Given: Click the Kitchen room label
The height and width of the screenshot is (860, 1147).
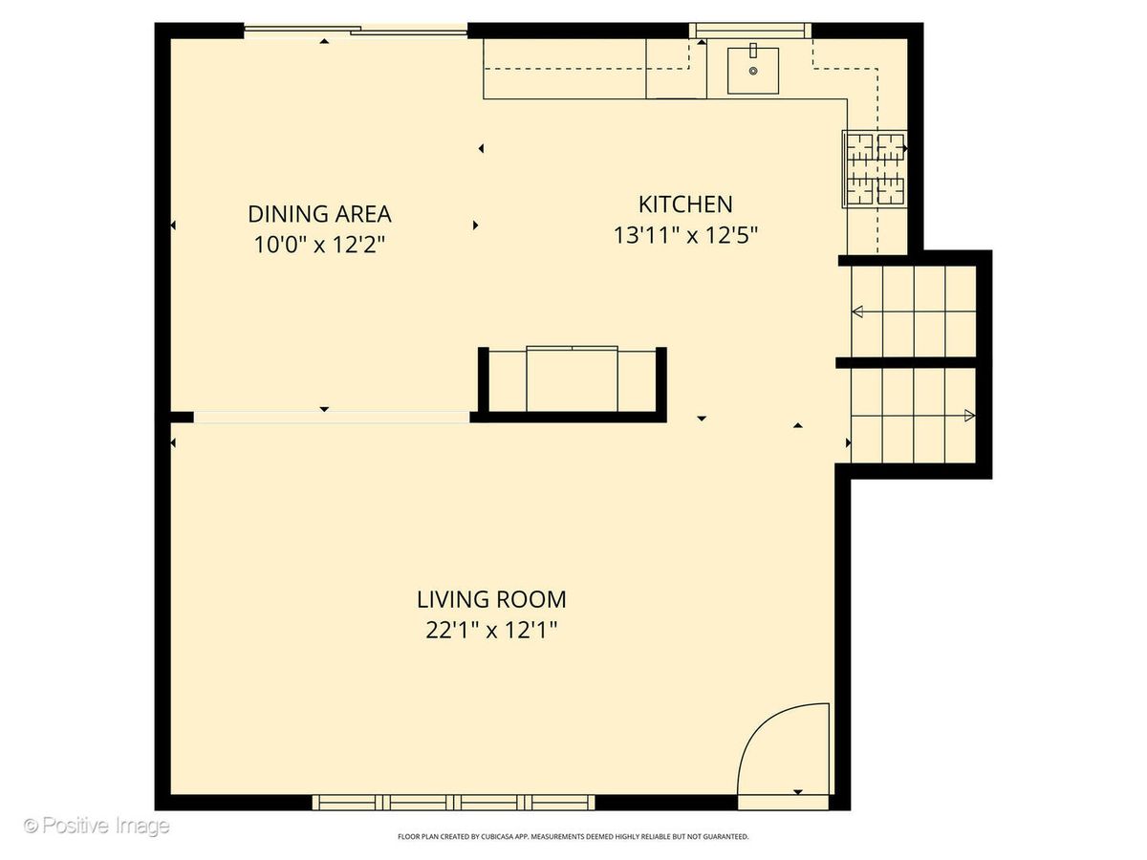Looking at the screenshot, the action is pyautogui.click(x=685, y=204).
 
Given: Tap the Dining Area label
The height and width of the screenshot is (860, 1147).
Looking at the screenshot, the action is pyautogui.click(x=319, y=214).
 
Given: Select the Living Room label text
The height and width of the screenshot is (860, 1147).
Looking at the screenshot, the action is pyautogui.click(x=491, y=599).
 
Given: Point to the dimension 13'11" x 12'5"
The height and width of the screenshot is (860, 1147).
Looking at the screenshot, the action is pyautogui.click(x=685, y=235).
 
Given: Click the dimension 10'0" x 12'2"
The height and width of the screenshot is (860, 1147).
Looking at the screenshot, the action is pyautogui.click(x=319, y=245).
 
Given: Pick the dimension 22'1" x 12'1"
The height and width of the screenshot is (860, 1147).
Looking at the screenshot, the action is pyautogui.click(x=491, y=631).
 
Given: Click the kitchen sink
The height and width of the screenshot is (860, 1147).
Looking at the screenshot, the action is pyautogui.click(x=752, y=71).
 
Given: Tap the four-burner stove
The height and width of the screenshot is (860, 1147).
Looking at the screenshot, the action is pyautogui.click(x=875, y=169).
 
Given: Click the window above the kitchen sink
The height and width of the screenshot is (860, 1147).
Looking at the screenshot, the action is pyautogui.click(x=750, y=31).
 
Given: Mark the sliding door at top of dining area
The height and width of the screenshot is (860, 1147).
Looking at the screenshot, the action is pyautogui.click(x=356, y=31).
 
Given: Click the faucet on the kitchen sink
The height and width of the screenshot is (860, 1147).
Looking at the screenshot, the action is pyautogui.click(x=753, y=50).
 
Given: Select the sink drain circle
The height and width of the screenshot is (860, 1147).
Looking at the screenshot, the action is pyautogui.click(x=753, y=71).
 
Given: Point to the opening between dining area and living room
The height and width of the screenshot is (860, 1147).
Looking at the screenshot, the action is pyautogui.click(x=332, y=418).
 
